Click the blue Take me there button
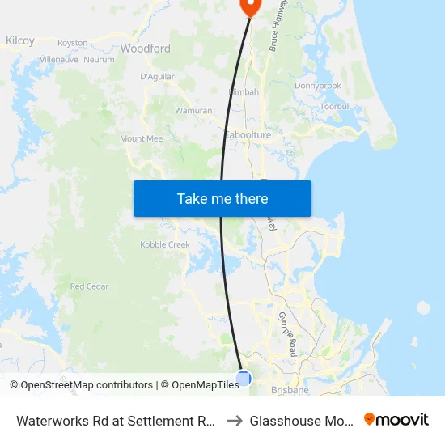pos(222,198)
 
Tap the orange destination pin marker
pos(250,6)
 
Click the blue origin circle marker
pos(243,378)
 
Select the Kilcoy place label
pos(20,40)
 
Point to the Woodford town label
pos(145,49)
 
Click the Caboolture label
pos(248,135)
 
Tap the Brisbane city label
pos(290,390)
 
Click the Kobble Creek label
pos(165,244)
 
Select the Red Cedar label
pos(89,286)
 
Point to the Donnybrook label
pos(318,86)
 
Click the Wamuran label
pos(193,110)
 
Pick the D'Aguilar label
pos(157,77)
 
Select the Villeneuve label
pos(59,60)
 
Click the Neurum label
pos(99,60)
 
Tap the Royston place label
pos(72,43)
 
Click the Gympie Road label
pos(288,326)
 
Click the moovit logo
pos(396,420)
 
